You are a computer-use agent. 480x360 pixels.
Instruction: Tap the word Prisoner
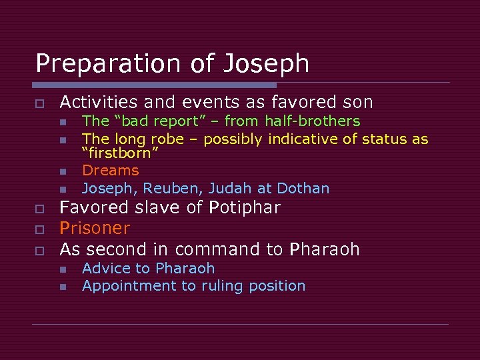95,228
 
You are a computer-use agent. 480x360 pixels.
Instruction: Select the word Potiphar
245,207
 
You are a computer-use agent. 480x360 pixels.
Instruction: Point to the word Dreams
110,171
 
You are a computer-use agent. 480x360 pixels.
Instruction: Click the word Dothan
303,189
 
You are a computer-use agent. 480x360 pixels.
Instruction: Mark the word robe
167,139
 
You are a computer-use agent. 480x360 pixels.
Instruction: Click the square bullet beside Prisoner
40,229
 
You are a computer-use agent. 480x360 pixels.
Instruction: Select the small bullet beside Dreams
63,172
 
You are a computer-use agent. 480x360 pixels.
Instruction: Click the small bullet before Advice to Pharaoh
63,269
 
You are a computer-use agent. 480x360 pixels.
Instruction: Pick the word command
207,249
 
